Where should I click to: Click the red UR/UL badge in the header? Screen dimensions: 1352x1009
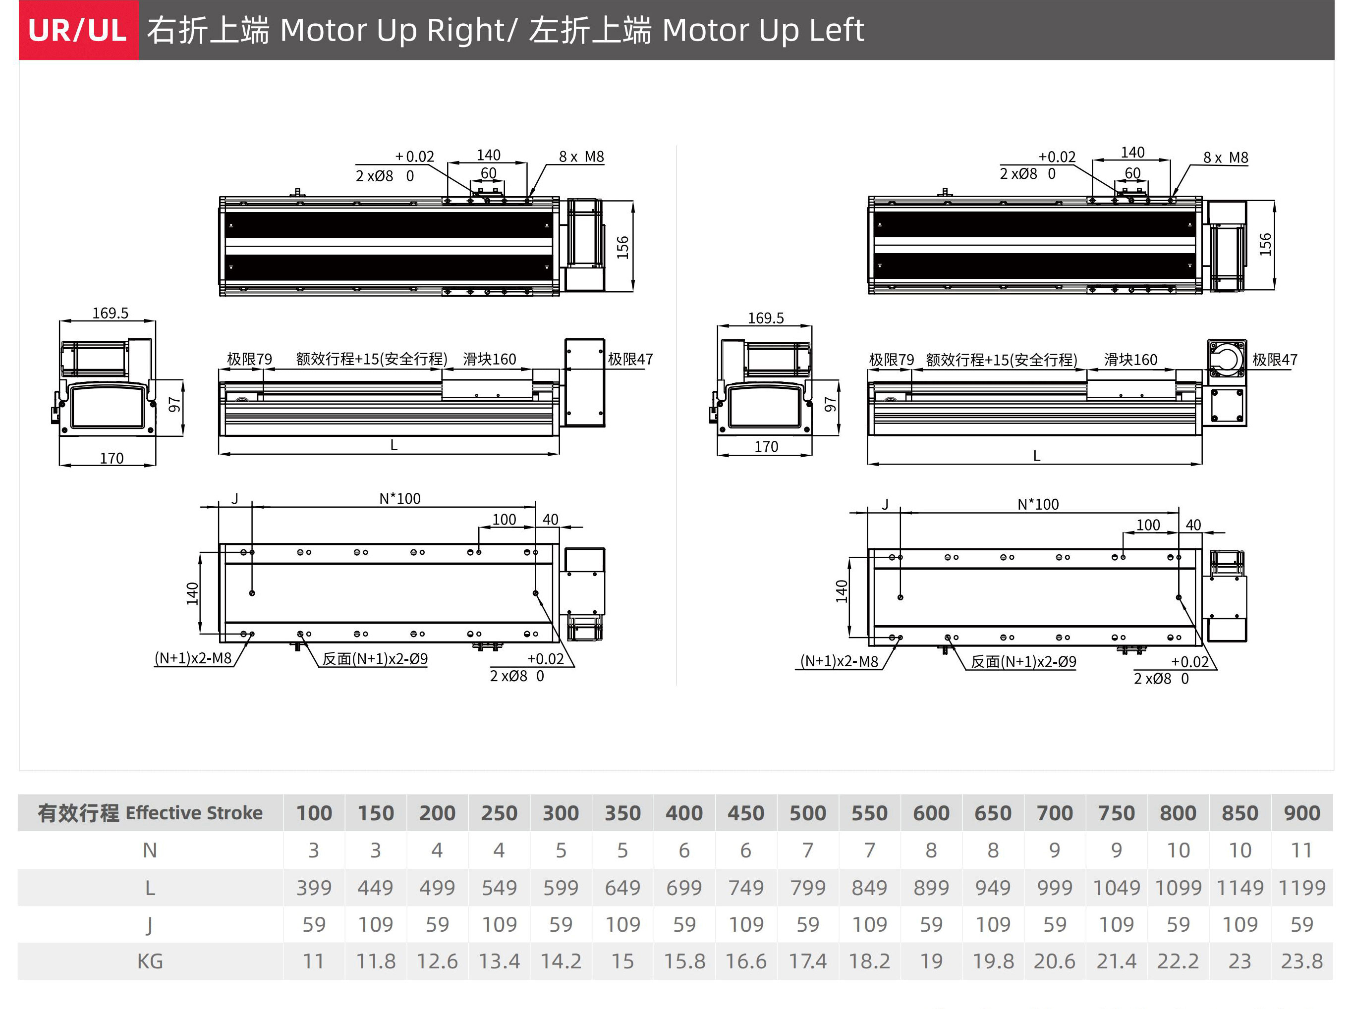79,30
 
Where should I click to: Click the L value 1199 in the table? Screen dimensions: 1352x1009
1301,888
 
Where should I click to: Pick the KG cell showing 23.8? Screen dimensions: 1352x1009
1301,961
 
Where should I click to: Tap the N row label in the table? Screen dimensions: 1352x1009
150,850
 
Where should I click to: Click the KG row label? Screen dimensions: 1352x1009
150,961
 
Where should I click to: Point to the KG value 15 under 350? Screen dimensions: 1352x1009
622,961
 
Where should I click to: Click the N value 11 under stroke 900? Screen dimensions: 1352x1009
1301,850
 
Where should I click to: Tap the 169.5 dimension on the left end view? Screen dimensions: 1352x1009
110,314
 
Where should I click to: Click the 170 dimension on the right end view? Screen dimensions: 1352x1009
766,446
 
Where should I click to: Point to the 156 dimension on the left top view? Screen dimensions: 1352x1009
622,247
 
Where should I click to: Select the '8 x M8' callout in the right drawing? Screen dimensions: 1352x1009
1225,158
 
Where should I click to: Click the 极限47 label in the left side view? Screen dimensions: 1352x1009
630,359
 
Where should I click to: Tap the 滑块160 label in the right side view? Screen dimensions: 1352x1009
1130,360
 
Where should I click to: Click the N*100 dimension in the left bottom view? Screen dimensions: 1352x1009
399,498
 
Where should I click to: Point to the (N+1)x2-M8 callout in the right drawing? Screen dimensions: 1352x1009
839,661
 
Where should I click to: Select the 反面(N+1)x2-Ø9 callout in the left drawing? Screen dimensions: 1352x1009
375,659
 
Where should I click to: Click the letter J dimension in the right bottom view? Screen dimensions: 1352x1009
885,504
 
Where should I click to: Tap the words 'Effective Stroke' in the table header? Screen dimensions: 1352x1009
194,813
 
